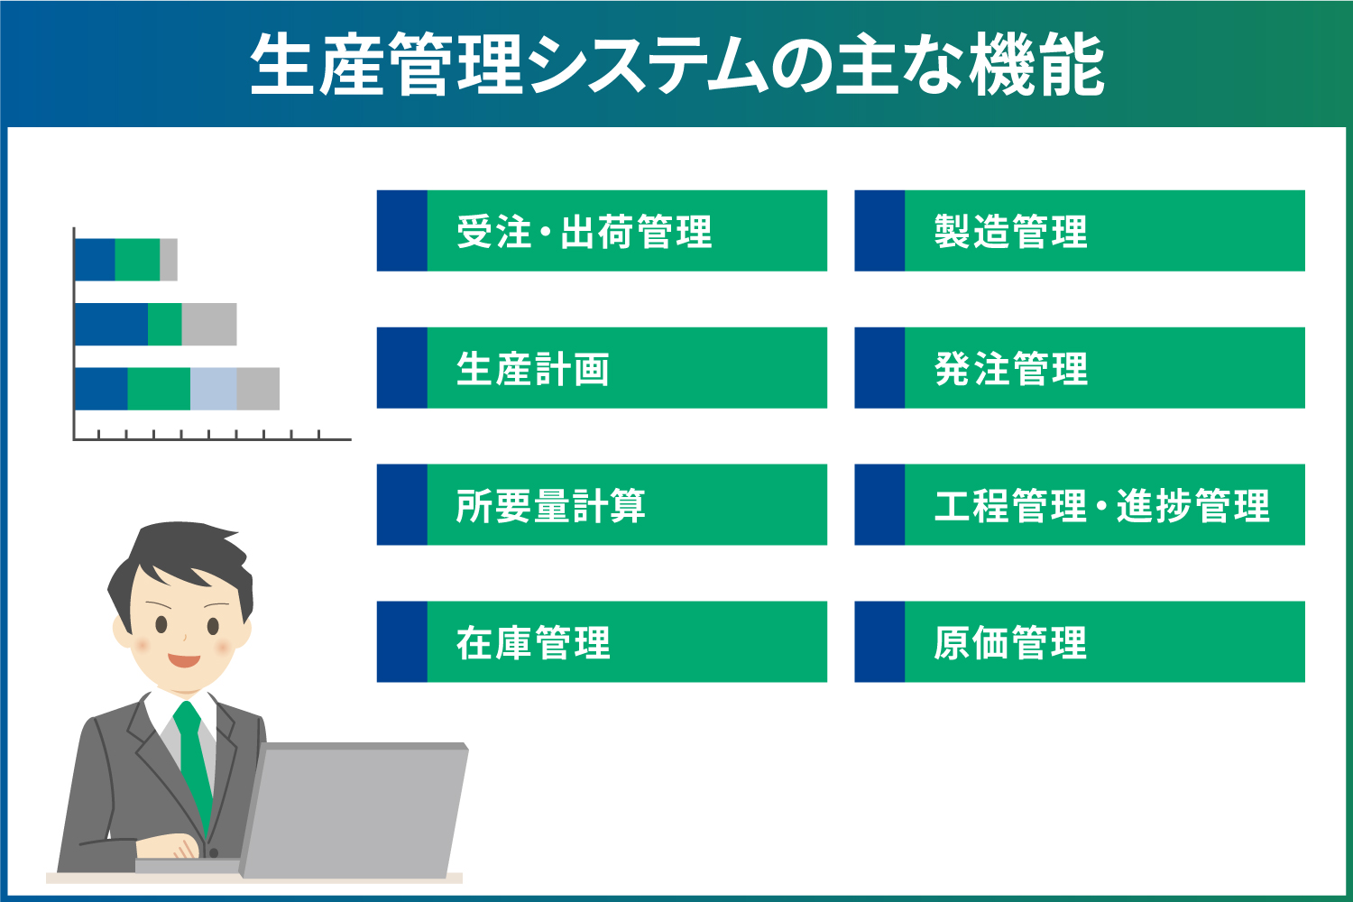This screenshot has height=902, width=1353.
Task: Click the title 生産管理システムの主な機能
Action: (x=677, y=64)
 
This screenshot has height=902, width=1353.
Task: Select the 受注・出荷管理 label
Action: (x=584, y=232)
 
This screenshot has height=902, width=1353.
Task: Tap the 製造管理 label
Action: (x=1011, y=232)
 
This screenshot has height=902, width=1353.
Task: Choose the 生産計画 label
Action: (x=533, y=369)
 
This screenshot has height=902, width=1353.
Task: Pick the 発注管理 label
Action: (x=1011, y=369)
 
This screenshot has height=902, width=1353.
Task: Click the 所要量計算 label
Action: (x=551, y=506)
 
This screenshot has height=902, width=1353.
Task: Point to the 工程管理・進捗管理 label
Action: (x=1102, y=506)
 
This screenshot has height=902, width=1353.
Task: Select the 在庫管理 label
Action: (x=533, y=643)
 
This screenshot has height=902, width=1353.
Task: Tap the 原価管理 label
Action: (x=1011, y=643)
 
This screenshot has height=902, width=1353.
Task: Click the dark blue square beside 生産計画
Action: (x=402, y=368)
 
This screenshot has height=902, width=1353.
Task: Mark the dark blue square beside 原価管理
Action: (x=879, y=641)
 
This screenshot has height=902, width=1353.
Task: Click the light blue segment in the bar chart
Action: (x=213, y=389)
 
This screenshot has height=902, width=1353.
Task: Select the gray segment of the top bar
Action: (x=169, y=260)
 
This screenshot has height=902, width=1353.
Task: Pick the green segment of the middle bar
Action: (x=165, y=325)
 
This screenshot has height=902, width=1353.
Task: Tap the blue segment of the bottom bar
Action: (x=101, y=389)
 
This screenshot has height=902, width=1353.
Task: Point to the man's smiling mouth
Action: (x=184, y=660)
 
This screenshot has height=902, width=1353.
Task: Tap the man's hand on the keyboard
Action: (x=168, y=846)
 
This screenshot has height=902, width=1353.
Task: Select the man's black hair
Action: (x=181, y=562)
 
